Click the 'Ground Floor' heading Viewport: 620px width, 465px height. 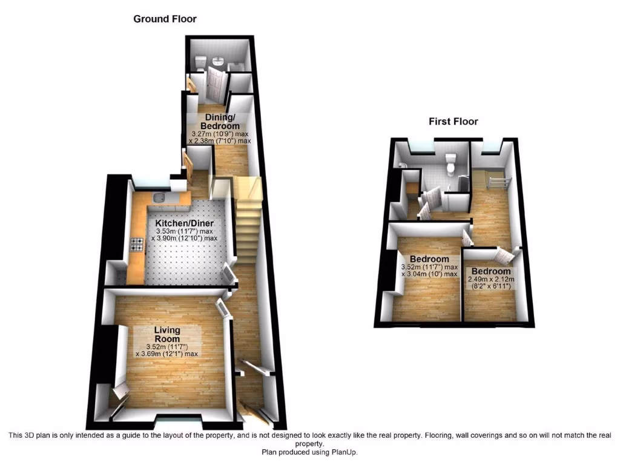[165, 19]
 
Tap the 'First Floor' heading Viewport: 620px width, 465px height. [453, 122]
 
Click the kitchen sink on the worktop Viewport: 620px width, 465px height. [160, 197]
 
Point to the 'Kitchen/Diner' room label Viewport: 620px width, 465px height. [185, 223]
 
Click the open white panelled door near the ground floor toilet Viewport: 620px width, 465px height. [216, 84]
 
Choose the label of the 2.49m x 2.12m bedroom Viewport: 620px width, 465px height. [491, 271]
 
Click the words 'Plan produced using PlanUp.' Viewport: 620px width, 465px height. [309, 452]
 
